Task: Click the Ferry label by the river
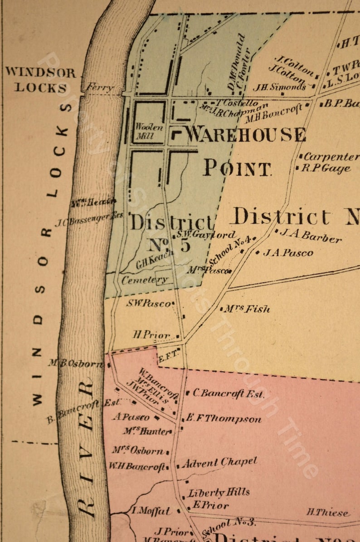click(x=99, y=88)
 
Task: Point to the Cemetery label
click(x=145, y=280)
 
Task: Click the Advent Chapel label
click(x=220, y=463)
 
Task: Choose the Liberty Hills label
click(x=219, y=493)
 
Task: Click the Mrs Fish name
click(x=247, y=309)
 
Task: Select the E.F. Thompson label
click(x=224, y=419)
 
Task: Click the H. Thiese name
click(x=328, y=513)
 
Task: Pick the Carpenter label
click(x=331, y=157)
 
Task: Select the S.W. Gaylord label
click(x=206, y=234)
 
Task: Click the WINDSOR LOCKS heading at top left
click(x=41, y=79)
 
